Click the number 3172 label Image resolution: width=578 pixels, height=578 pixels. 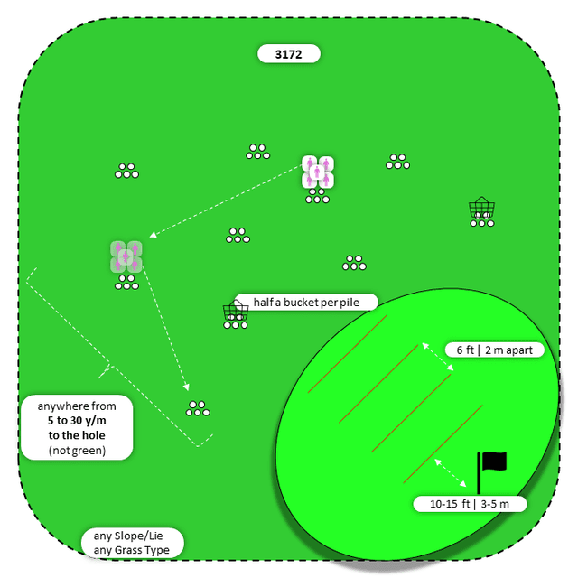289,54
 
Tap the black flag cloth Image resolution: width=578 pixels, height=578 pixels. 494,461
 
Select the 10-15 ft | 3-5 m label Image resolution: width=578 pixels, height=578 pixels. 470,504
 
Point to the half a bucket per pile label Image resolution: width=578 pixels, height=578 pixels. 305,303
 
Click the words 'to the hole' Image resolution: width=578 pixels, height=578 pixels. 77,434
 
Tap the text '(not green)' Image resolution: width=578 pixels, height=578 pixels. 77,449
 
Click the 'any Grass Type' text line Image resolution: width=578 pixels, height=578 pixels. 131,549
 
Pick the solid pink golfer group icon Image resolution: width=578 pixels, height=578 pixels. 318,172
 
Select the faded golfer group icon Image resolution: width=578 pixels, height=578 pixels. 126,256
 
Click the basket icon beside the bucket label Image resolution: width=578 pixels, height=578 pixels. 236,312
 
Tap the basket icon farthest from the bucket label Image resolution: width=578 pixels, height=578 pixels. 481,209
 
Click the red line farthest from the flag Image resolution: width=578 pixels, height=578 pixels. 348,354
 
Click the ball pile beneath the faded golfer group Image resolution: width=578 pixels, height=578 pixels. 126,284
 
